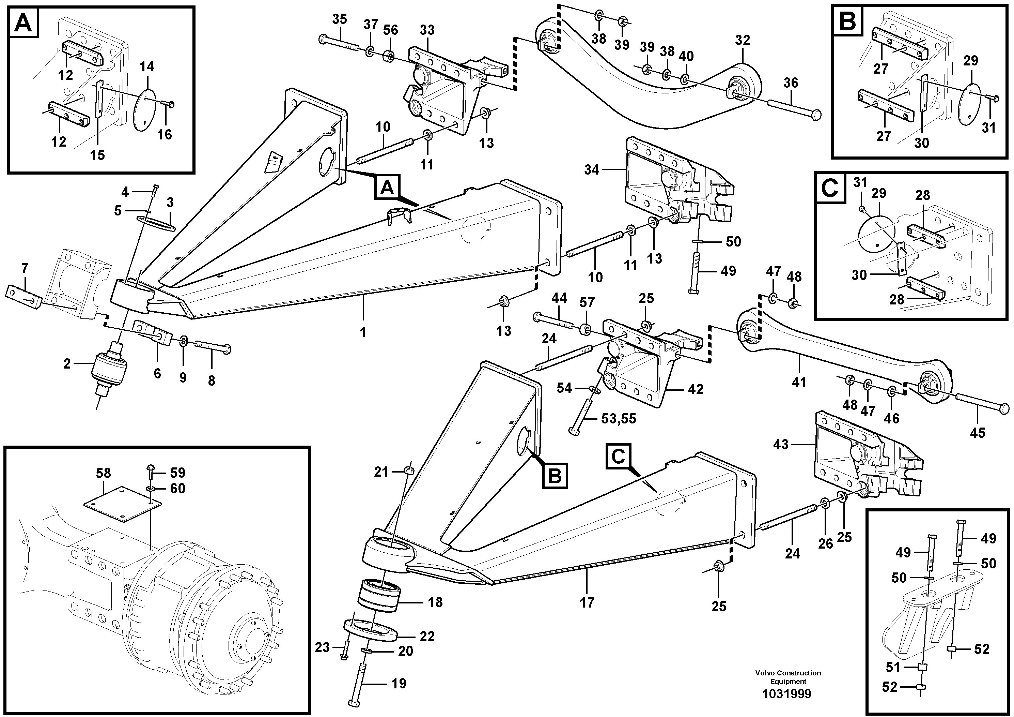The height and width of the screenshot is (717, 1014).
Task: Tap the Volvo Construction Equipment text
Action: [x=788, y=677]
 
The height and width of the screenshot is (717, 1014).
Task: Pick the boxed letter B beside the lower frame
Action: [x=555, y=476]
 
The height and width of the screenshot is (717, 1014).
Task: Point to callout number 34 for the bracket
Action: [x=591, y=170]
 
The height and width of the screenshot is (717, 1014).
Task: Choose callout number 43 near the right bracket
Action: [x=780, y=444]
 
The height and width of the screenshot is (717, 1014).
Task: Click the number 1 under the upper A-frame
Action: [x=363, y=332]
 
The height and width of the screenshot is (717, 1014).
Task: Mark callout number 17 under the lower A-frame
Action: [x=587, y=602]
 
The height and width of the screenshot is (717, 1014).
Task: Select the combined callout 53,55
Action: [x=619, y=418]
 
